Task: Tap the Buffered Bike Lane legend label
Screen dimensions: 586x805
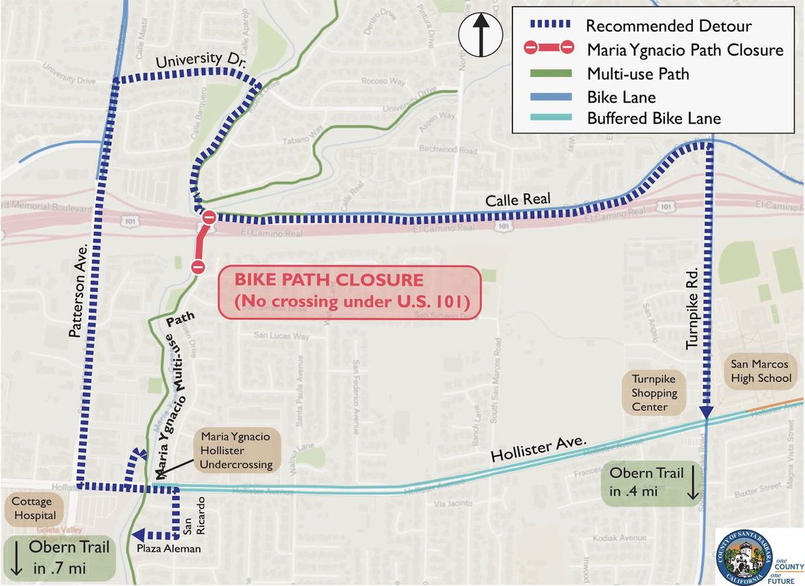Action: click(653, 119)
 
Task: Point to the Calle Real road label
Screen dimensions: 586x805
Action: click(518, 199)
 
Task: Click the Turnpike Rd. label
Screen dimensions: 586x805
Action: click(693, 308)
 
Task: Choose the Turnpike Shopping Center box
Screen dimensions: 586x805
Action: click(654, 393)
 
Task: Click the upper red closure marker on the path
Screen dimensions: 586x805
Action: click(209, 217)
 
